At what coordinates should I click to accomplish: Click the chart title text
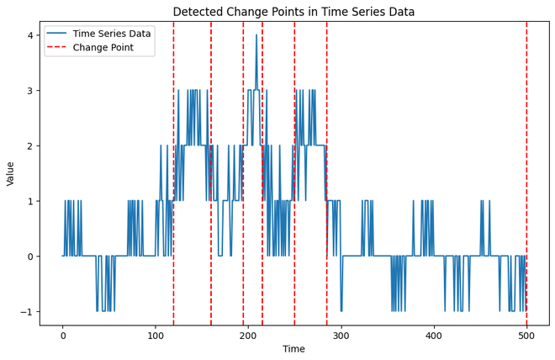pyautogui.click(x=293, y=12)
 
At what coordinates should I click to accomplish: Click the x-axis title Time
pyautogui.click(x=293, y=349)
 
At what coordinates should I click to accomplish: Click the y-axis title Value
pyautogui.click(x=11, y=173)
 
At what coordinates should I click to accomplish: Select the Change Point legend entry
pyautogui.click(x=102, y=48)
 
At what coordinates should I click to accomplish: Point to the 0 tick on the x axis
pyautogui.click(x=63, y=335)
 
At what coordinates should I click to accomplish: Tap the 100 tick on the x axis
pyautogui.click(x=156, y=335)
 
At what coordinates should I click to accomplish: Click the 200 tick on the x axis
pyautogui.click(x=248, y=335)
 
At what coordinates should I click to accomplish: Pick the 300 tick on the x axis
pyautogui.click(x=341, y=335)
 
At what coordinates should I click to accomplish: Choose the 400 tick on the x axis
pyautogui.click(x=434, y=335)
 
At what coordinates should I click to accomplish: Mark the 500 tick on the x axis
pyautogui.click(x=526, y=335)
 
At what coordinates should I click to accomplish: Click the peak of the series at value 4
pyautogui.click(x=256, y=35)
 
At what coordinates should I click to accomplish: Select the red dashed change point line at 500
pyautogui.click(x=526, y=168)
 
